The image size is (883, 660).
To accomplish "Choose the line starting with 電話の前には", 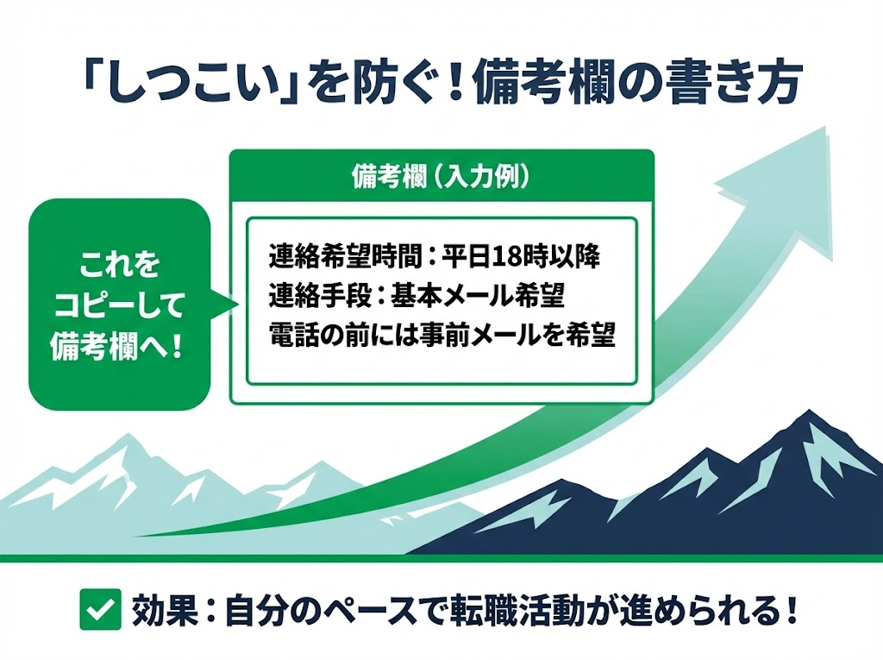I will pyautogui.click(x=441, y=336).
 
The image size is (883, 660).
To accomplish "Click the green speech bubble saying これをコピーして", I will pyautogui.click(x=120, y=303).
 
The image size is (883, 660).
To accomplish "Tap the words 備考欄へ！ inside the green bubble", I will pyautogui.click(x=120, y=349).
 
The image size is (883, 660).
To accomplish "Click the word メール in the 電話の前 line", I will pyautogui.click(x=523, y=336).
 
